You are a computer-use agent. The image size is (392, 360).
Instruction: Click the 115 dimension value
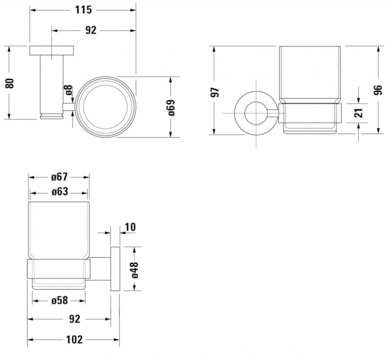(x=83, y=10)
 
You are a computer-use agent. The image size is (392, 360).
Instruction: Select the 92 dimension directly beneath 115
(x=91, y=30)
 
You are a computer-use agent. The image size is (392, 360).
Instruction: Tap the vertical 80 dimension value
(x=10, y=83)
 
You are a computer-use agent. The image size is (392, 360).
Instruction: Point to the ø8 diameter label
(x=69, y=90)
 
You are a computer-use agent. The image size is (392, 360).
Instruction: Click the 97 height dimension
(x=215, y=92)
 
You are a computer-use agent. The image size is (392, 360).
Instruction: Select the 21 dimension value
(x=359, y=113)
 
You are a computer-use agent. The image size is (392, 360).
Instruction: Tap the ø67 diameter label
(x=59, y=177)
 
